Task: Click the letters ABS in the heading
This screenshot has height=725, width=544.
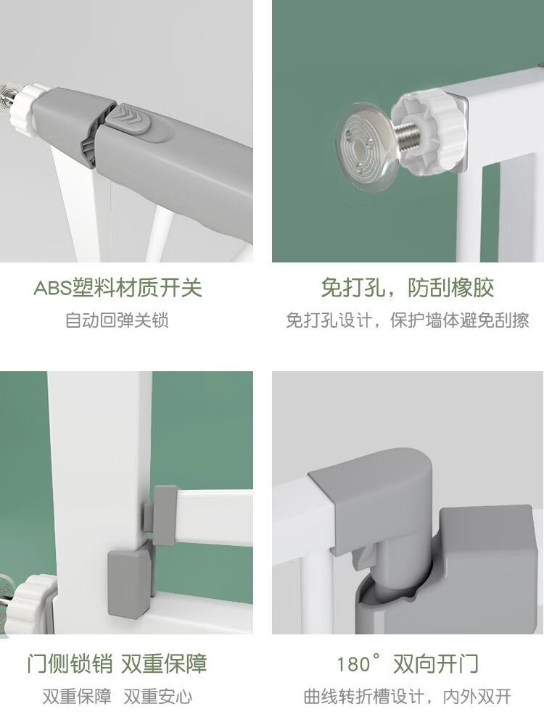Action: coord(51,288)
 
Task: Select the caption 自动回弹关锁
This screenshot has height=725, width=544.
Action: coord(117,320)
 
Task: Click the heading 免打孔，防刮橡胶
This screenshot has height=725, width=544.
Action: coord(408,288)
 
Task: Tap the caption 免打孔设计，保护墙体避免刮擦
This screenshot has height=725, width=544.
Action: coord(408,320)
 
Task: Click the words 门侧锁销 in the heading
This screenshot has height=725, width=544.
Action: coord(70,663)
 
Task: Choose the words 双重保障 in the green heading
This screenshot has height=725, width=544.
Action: coord(164,663)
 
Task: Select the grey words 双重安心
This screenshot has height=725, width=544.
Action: coord(157,696)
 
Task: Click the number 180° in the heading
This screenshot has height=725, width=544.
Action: coord(359,663)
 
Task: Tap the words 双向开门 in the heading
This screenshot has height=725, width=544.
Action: coord(436,663)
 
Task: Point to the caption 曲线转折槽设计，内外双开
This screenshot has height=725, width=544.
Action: coord(408,696)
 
